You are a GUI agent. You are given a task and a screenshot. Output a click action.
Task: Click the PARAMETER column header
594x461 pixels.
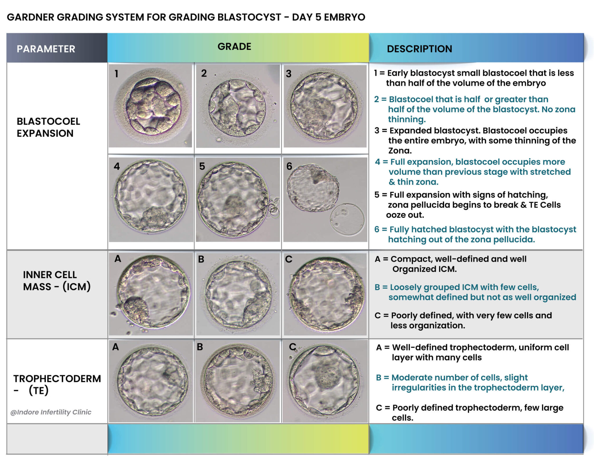point(46,49)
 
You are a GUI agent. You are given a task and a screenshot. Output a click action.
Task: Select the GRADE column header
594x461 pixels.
point(234,46)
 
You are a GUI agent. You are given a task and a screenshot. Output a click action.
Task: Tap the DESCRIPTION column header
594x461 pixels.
point(419,49)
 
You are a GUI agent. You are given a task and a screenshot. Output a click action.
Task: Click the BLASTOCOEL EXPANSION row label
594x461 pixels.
point(48,127)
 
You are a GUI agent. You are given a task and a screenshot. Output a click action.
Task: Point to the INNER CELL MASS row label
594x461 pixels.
point(57,281)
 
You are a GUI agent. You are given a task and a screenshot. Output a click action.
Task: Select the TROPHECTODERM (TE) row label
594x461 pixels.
point(57,384)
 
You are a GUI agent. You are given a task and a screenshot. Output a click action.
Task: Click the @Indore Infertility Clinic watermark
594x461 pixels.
point(51,412)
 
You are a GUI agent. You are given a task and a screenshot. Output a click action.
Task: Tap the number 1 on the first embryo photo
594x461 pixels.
point(116,74)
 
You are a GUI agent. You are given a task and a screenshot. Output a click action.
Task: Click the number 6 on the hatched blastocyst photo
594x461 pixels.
point(289,166)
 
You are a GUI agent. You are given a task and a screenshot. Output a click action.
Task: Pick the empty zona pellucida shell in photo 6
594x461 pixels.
point(347,219)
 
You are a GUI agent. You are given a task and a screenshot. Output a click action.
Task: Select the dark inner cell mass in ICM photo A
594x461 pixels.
point(136,308)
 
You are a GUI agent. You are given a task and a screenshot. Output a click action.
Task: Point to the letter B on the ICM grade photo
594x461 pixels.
point(201,259)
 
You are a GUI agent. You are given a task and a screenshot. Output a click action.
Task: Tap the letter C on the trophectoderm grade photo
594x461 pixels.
point(292,346)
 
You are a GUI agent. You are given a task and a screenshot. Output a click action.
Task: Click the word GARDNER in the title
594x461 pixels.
point(30,17)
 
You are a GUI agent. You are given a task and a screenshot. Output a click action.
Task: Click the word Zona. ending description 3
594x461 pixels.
point(400,151)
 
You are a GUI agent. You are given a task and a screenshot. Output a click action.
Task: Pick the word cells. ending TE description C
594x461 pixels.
point(402,418)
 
